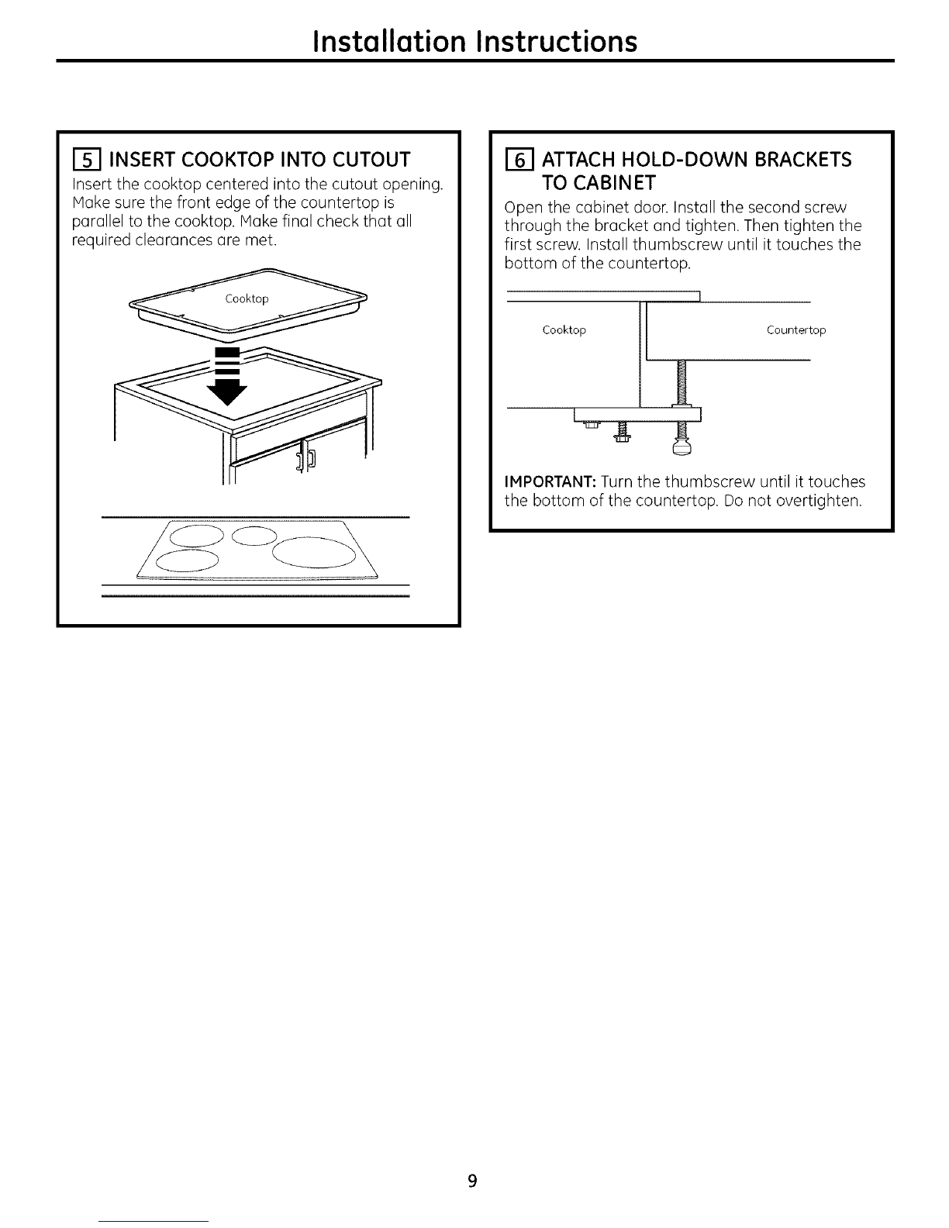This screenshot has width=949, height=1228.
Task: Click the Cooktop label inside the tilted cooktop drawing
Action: click(247, 299)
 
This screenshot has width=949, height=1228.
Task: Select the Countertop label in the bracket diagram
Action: click(796, 330)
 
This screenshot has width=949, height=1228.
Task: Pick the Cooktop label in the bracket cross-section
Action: click(564, 330)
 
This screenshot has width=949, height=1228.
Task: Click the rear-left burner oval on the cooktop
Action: click(195, 535)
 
